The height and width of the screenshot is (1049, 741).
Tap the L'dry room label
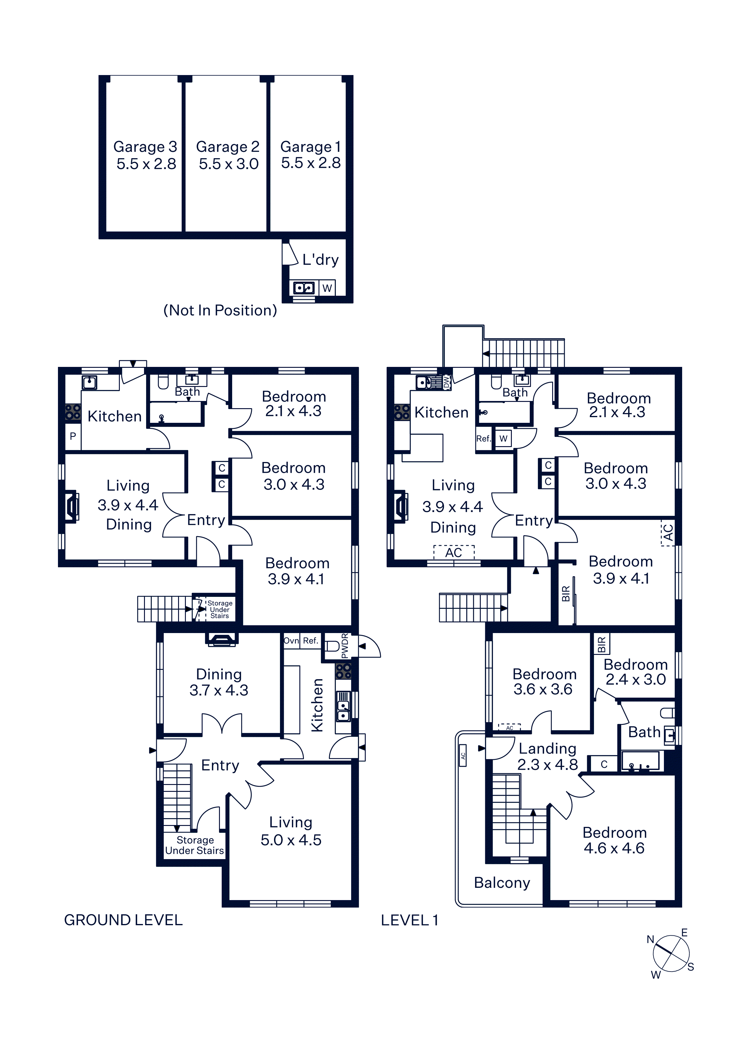pos(321,260)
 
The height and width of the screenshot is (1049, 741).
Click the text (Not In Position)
pos(220,311)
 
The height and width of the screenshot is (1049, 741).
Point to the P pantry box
pos(73,436)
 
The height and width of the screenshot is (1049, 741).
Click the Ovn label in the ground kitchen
pos(291,641)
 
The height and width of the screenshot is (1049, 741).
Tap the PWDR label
pos(345,646)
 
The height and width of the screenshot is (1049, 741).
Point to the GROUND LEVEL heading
pos(123,920)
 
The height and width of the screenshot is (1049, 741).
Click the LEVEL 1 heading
pos(410,920)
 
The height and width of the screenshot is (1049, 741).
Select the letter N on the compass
pos(650,939)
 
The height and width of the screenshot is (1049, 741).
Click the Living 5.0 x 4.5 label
pos(291,831)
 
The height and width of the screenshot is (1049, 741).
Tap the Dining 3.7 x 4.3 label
pos(219,682)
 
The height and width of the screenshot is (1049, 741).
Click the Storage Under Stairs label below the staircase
pos(195,845)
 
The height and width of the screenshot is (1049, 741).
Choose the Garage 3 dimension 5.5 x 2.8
pos(146,164)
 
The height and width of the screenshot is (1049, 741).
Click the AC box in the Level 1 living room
pos(454,552)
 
